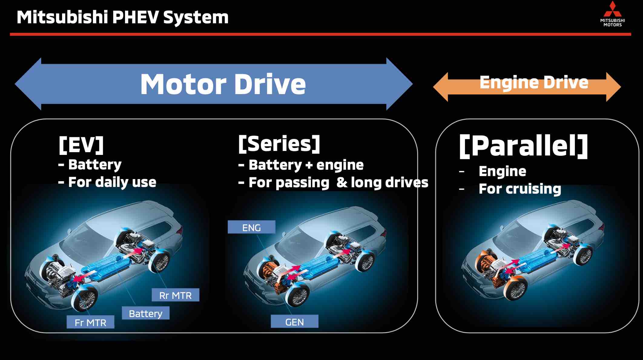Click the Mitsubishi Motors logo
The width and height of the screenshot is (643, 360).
pos(612,14)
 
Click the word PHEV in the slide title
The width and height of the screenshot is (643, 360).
pos(136,17)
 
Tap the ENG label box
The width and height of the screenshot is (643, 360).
pos(251,227)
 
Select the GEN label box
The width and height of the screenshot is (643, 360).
pos(294,322)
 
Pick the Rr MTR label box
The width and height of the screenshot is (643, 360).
pos(175,295)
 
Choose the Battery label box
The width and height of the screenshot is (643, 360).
pos(146,313)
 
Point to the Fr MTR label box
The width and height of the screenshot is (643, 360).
pos(91,322)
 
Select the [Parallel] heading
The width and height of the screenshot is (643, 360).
pos(523,146)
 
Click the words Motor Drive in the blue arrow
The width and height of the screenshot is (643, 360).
pos(223,84)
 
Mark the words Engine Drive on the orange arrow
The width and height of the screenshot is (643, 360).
pos(534,82)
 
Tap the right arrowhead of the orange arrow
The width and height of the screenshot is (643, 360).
pos(613,87)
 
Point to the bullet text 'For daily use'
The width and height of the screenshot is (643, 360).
pos(112,182)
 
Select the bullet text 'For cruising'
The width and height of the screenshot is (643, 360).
pos(519,189)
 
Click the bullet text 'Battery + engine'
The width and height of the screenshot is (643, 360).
pos(306,165)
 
